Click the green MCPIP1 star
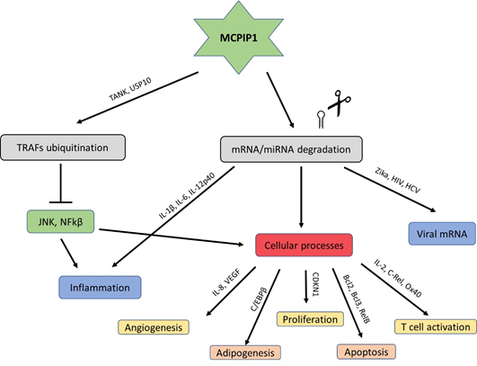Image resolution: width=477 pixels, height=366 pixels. pyautogui.click(x=239, y=38)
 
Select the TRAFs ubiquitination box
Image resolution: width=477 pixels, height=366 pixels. pyautogui.click(x=63, y=147)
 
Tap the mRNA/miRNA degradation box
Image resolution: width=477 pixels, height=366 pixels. pyautogui.click(x=291, y=149)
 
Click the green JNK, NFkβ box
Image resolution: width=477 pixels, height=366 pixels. pyautogui.click(x=60, y=222)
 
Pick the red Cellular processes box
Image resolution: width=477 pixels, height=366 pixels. pyautogui.click(x=305, y=245)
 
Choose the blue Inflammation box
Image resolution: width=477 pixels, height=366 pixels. pyautogui.click(x=100, y=288)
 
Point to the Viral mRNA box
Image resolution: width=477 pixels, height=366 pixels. pyautogui.click(x=442, y=234)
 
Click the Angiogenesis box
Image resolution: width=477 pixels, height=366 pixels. pyautogui.click(x=154, y=327)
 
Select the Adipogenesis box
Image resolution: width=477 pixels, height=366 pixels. pyautogui.click(x=245, y=353)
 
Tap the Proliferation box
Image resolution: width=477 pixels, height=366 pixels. pyautogui.click(x=310, y=319)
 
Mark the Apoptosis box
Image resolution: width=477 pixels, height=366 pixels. pyautogui.click(x=367, y=352)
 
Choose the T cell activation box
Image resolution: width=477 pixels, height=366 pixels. pyautogui.click(x=436, y=326)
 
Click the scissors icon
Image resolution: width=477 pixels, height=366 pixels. pyautogui.click(x=340, y=103)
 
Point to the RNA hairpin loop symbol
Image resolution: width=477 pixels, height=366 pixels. pyautogui.click(x=321, y=120)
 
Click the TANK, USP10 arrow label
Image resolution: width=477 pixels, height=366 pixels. pyautogui.click(x=130, y=89)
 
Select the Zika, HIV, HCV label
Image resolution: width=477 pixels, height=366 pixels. pyautogui.click(x=398, y=180)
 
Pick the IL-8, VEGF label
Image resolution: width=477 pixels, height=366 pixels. pyautogui.click(x=226, y=282)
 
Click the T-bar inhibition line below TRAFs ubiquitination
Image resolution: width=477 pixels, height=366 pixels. pyautogui.click(x=61, y=183)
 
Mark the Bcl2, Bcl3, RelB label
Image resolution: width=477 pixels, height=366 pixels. pyautogui.click(x=357, y=299)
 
